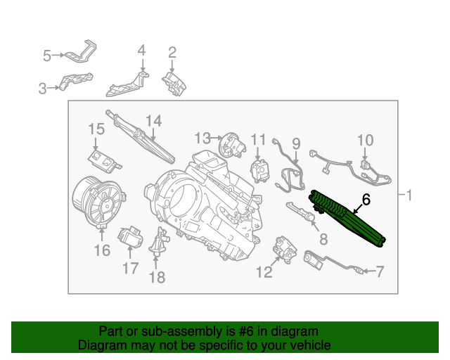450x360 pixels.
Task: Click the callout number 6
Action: [366, 200]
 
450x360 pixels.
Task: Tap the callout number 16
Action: [102, 251]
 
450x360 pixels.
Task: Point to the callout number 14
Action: [154, 122]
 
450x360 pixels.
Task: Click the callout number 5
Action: [47, 54]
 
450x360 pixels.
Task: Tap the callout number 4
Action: [141, 51]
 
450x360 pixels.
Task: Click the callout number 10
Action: [366, 140]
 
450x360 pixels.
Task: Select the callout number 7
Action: [380, 271]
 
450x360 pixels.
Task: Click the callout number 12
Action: [264, 272]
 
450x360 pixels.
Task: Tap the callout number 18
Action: [157, 278]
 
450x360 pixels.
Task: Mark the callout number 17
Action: [130, 268]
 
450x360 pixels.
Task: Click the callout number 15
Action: [96, 129]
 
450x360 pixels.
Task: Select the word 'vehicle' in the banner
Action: [310, 345]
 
